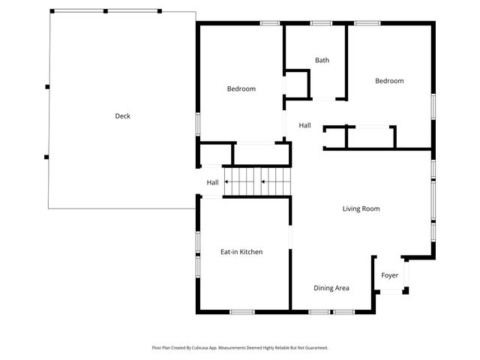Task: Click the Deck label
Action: pyautogui.click(x=122, y=116)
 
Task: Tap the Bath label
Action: pyautogui.click(x=322, y=61)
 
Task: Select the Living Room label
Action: pyautogui.click(x=361, y=208)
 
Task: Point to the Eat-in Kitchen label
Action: pyautogui.click(x=241, y=252)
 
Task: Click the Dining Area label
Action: pyautogui.click(x=331, y=288)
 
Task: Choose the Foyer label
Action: pyautogui.click(x=390, y=276)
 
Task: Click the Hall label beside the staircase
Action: pyautogui.click(x=212, y=182)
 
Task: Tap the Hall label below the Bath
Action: pyautogui.click(x=304, y=125)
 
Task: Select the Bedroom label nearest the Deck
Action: pyautogui.click(x=241, y=89)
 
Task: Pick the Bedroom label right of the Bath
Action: pyautogui.click(x=389, y=81)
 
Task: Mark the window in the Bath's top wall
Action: pyautogui.click(x=321, y=23)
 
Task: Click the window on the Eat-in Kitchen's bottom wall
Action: pyautogui.click(x=242, y=311)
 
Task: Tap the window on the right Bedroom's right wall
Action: pyautogui.click(x=433, y=105)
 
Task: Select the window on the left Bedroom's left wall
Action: pyautogui.click(x=198, y=123)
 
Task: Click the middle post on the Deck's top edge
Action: pyautogui.click(x=106, y=11)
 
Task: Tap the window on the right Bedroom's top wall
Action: pyautogui.click(x=367, y=23)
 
